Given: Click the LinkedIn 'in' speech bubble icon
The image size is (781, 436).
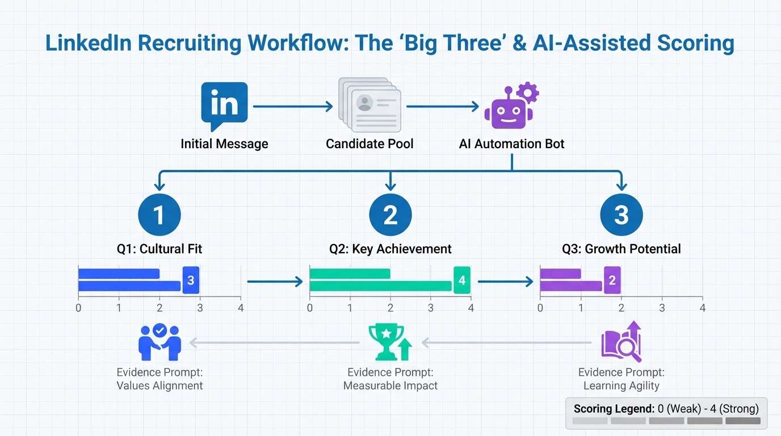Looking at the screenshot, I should (224, 106).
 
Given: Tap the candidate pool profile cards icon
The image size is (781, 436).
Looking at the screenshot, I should (369, 106).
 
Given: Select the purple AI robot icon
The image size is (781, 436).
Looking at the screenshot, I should (510, 107).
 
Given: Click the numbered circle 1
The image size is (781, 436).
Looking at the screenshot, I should (159, 215).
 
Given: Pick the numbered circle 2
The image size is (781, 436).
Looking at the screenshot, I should (390, 215).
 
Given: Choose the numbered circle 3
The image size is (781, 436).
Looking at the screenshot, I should (622, 215).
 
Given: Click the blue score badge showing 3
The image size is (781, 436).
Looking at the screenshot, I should (191, 280).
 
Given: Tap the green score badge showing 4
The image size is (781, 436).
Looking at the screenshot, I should (462, 280).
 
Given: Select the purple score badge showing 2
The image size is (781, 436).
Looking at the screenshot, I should (612, 280).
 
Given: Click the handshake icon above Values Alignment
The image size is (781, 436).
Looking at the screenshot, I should (159, 342).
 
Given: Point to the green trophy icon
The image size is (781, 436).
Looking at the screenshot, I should (389, 342).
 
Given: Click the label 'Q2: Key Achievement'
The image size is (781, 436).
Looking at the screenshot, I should (390, 249).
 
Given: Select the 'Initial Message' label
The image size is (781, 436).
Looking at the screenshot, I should (224, 144).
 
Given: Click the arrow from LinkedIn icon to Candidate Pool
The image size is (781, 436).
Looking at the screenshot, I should (293, 106).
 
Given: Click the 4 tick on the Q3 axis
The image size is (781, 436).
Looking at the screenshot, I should (703, 308).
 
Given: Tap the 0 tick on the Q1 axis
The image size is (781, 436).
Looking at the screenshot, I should (78, 308).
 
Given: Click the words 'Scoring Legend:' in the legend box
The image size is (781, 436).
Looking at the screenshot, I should (614, 409).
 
